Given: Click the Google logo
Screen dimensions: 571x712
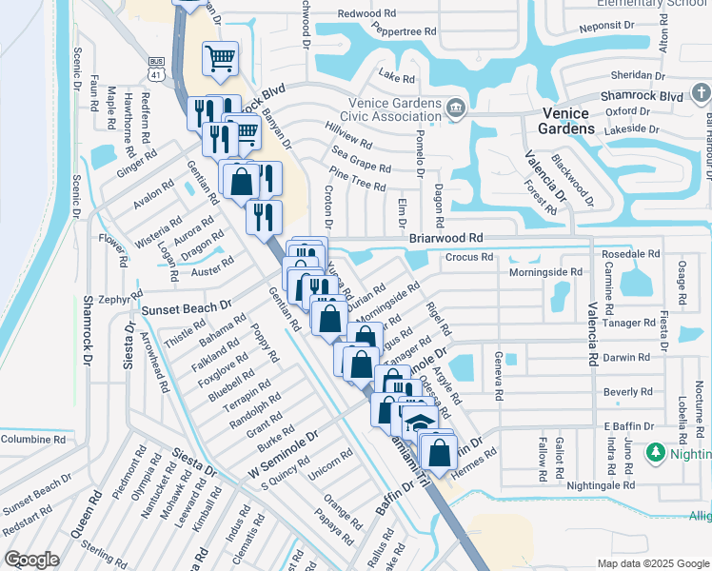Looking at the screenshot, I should tap(31, 560).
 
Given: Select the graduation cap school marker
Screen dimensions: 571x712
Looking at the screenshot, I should tap(417, 420).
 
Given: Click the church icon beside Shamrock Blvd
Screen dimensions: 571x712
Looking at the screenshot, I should tap(701, 93).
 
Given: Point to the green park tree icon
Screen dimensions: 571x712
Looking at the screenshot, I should tap(654, 451).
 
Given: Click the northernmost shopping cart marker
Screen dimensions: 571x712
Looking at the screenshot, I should tap(220, 59).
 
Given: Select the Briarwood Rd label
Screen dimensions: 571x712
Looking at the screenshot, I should tap(445, 238).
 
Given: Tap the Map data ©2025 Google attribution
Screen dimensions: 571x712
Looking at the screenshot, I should tap(653, 563).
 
